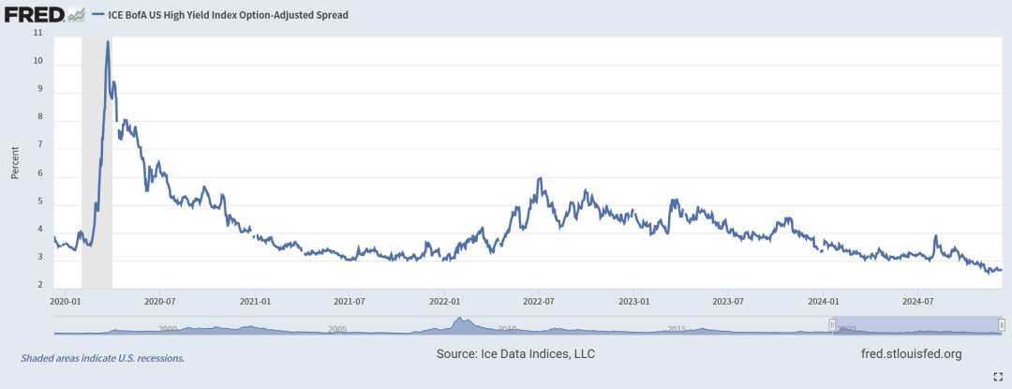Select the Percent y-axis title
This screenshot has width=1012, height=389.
point(15,161)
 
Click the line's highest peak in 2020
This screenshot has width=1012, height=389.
point(108,42)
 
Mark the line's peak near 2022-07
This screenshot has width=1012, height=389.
point(541,178)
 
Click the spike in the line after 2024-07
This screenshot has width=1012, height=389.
point(935,236)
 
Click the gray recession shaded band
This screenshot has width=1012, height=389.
point(97,187)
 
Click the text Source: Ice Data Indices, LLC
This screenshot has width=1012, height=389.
point(515,353)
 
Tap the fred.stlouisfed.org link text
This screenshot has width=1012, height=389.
point(911,353)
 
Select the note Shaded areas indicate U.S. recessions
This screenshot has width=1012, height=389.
point(102,358)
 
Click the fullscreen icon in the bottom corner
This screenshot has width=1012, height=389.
point(997,375)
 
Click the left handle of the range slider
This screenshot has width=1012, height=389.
point(832,324)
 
